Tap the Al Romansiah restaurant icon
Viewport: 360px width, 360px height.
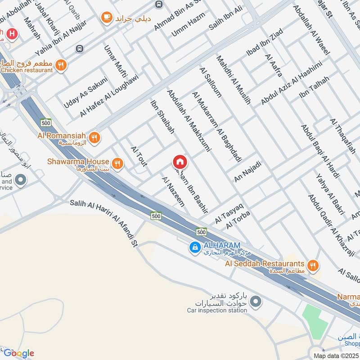tap(94, 138)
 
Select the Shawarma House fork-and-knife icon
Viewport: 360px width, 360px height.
tap(117, 164)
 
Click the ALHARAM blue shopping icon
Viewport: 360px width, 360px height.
tap(195, 247)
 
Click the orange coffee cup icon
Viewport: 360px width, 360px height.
tap(107, 18)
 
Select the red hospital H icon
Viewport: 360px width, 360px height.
tap(12, 33)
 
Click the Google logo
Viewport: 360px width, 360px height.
tap(18, 353)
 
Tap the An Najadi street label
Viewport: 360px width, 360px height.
tap(247, 172)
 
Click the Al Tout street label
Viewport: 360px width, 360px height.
tap(139, 156)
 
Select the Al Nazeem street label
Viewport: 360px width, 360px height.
tap(173, 192)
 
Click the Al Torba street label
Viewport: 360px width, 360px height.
tap(238, 219)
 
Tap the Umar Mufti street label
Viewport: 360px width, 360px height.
tap(116, 62)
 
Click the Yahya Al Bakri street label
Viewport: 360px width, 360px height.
tap(330, 193)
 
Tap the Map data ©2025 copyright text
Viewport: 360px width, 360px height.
tap(336, 355)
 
